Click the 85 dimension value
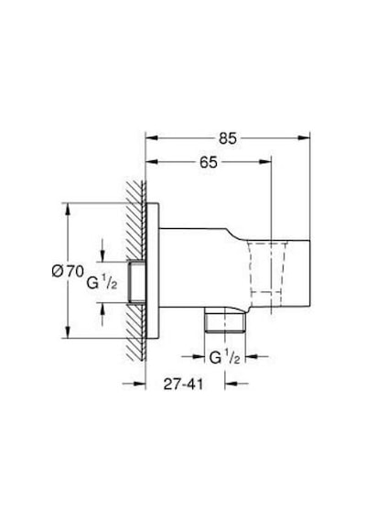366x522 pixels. point(228,138)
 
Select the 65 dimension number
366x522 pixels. point(209,162)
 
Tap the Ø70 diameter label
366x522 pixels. point(68,271)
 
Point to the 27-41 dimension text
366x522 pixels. point(183,385)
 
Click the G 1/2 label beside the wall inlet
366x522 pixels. point(102,283)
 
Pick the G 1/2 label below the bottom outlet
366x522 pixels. point(224,358)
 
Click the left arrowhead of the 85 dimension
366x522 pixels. point(151,137)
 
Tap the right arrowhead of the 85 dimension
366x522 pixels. point(304,137)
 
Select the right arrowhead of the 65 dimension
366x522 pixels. point(266,162)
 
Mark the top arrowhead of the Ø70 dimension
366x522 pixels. point(68,209)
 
